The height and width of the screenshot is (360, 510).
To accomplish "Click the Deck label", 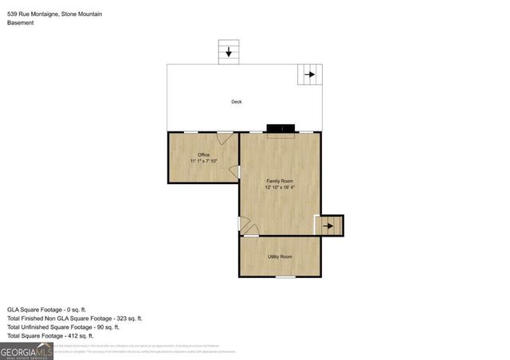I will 236,102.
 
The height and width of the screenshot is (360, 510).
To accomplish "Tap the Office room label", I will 203,154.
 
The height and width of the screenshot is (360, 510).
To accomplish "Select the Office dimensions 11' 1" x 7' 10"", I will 203,161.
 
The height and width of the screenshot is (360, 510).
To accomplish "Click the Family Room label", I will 280,182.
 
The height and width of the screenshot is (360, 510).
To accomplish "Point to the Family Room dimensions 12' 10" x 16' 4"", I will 280,189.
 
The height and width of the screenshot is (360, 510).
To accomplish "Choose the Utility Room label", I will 280,256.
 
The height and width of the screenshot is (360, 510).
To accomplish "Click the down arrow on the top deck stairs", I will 229,53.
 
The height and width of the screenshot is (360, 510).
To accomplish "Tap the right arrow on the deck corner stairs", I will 308,76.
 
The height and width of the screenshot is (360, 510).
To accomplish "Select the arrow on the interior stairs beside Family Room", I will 328,226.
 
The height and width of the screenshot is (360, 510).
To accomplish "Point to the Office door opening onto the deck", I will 226,138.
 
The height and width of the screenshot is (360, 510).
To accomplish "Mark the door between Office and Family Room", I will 235,171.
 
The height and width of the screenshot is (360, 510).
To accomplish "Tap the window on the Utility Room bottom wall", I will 285,276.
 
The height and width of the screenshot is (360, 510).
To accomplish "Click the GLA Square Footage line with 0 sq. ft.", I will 57,308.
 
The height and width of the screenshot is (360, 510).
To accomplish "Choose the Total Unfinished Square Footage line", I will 64,327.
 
